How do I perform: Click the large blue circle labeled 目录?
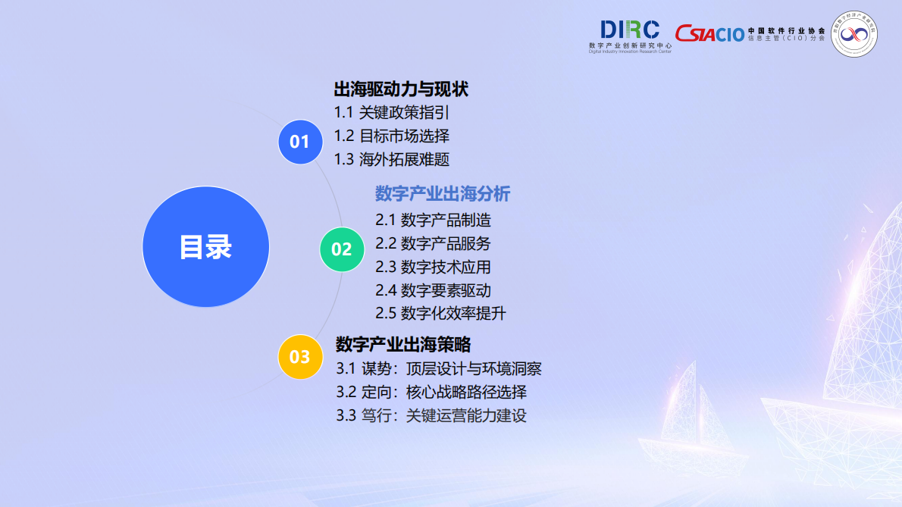pos(205,246)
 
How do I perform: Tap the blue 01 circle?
pos(300,141)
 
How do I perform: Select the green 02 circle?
pos(342,249)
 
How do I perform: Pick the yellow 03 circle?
pos(300,356)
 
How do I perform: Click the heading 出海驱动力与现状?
pos(401,89)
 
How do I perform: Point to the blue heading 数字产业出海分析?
pos(443,194)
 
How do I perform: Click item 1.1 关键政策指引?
pos(392,113)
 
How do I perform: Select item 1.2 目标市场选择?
pos(392,136)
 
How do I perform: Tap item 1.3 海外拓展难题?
pos(392,159)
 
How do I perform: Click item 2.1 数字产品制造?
pos(433,221)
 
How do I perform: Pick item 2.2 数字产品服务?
pos(433,243)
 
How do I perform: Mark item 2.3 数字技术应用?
pos(433,267)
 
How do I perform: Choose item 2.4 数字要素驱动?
pos(433,290)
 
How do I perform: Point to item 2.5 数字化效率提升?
pos(440,313)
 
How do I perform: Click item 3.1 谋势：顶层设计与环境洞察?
pos(439,369)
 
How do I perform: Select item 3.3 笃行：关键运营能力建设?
pos(431,415)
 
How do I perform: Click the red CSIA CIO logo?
pos(710,33)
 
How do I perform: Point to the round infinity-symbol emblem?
pos(854,35)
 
